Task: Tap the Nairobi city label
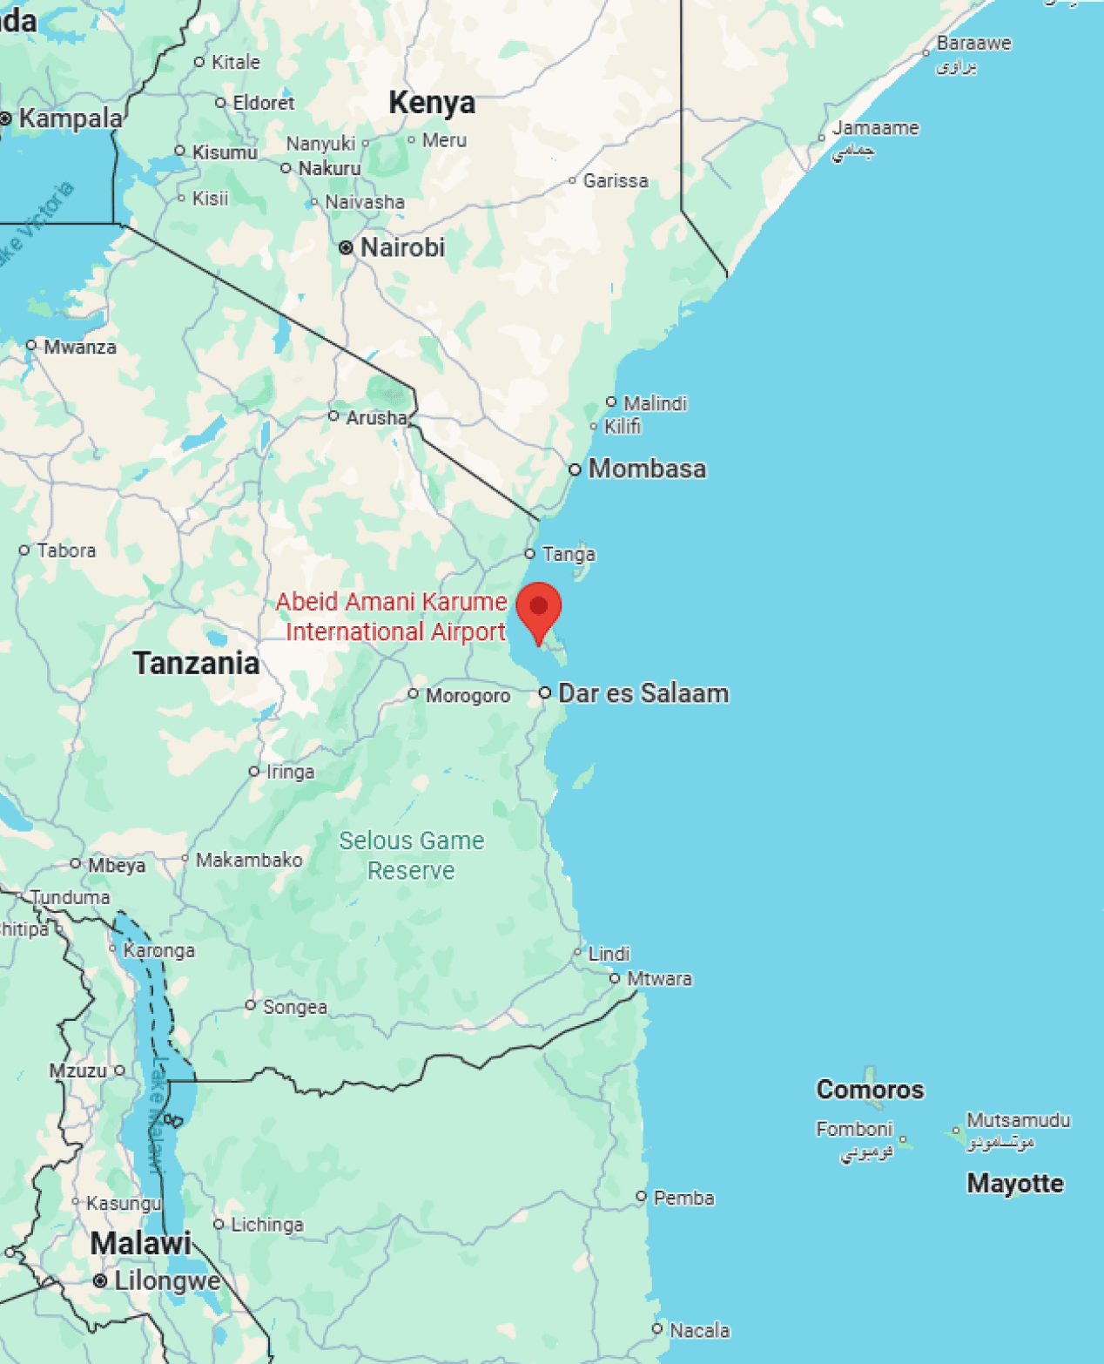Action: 402,247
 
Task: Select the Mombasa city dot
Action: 575,469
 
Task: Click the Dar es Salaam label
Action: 643,693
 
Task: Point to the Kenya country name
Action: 432,103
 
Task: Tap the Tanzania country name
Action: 196,664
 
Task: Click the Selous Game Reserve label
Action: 411,855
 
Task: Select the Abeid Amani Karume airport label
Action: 393,617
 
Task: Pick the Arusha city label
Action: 376,418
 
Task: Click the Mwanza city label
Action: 79,348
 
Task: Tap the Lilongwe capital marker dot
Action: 100,1281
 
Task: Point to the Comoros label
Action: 870,1090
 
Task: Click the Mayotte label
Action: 1015,1184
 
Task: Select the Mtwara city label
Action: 659,979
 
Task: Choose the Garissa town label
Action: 616,181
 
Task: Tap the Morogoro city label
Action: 468,696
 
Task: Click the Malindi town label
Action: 655,403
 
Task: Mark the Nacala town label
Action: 699,1331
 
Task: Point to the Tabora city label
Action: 66,550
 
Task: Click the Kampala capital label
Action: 71,118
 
